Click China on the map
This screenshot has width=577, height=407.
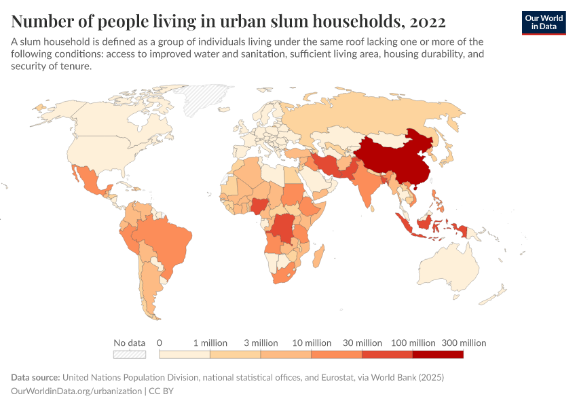(394, 159)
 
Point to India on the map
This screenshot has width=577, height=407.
(367, 187)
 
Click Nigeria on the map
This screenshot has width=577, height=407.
(262, 206)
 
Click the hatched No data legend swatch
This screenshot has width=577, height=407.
(130, 354)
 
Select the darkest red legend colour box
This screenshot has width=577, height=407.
(438, 354)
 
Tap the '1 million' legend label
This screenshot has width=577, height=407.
(210, 343)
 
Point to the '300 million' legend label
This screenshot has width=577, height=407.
(464, 343)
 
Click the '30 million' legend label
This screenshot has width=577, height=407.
(362, 343)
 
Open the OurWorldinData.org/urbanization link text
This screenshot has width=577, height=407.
(77, 391)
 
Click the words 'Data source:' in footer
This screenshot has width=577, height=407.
(36, 377)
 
